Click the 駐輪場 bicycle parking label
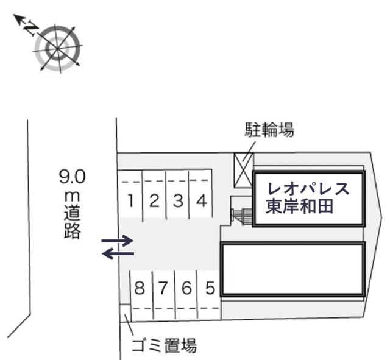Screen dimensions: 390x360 (269, 130)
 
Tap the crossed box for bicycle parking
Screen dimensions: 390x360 (244, 170)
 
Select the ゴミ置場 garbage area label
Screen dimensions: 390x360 (164, 345)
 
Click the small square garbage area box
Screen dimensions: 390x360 (125, 313)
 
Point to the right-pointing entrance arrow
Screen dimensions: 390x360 (118, 241)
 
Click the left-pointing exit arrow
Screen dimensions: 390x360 (118, 253)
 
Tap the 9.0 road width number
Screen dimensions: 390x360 (73, 176)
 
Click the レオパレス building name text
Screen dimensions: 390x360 (308, 189)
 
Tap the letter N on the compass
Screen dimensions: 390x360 (31, 29)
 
